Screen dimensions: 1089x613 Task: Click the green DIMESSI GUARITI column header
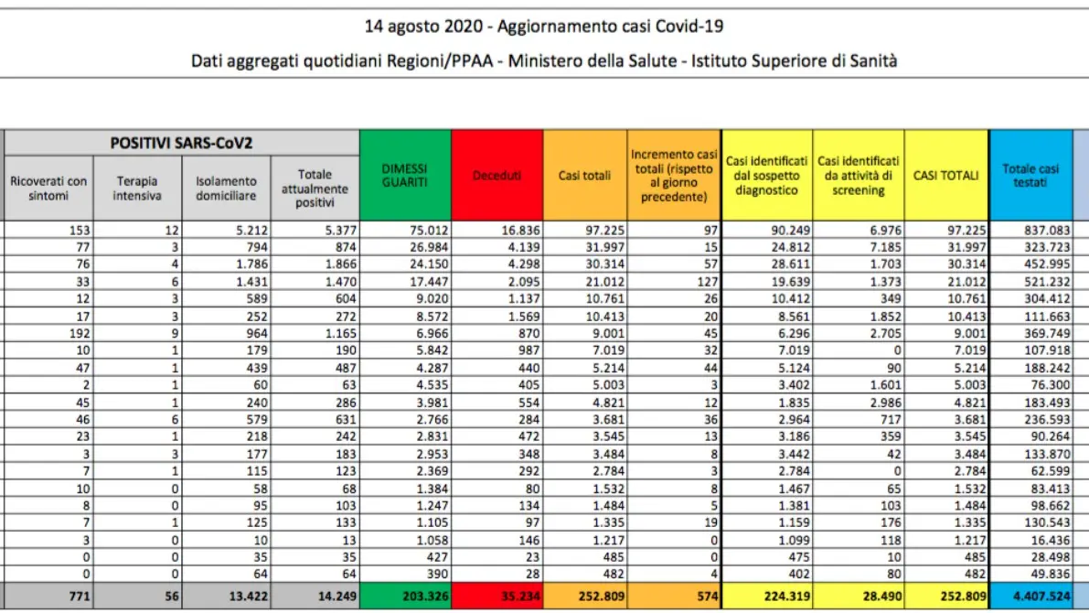pyautogui.click(x=405, y=175)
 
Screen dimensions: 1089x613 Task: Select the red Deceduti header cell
pyautogui.click(x=497, y=175)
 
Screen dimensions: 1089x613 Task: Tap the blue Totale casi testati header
pyautogui.click(x=1030, y=175)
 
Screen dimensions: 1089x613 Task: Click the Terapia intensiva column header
pyautogui.click(x=137, y=188)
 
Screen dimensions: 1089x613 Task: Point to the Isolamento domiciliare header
pyautogui.click(x=226, y=188)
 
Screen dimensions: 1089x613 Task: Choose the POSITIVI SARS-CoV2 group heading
pyautogui.click(x=181, y=143)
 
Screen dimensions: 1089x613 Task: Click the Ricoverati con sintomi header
pyautogui.click(x=48, y=188)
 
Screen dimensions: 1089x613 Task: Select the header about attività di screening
pyautogui.click(x=859, y=175)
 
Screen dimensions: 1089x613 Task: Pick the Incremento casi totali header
pyautogui.click(x=674, y=175)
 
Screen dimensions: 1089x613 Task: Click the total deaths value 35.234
pyautogui.click(x=521, y=597)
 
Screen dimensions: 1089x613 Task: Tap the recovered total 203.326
pyautogui.click(x=426, y=597)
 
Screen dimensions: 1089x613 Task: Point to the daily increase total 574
pyautogui.click(x=707, y=597)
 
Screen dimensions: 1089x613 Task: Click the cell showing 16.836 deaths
pyautogui.click(x=521, y=230)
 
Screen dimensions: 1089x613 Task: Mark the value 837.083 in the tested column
pyautogui.click(x=1047, y=230)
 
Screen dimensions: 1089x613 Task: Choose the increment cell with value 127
pyautogui.click(x=708, y=282)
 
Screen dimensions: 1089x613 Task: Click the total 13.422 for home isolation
pyautogui.click(x=248, y=597)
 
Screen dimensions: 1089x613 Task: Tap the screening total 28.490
pyautogui.click(x=882, y=597)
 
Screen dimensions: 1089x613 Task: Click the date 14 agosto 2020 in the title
pyautogui.click(x=423, y=27)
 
